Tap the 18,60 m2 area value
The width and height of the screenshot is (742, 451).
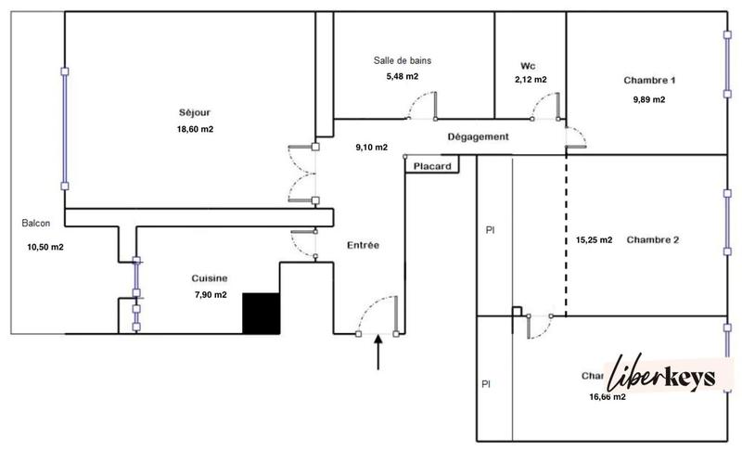(x=194, y=129)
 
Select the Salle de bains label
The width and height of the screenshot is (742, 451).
(x=402, y=60)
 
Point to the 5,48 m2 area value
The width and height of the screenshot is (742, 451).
(x=402, y=76)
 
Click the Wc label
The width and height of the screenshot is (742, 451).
(x=529, y=66)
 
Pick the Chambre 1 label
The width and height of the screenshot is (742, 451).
(x=649, y=81)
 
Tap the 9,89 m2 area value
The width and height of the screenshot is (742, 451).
(x=648, y=100)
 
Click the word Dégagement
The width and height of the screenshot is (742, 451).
(x=478, y=136)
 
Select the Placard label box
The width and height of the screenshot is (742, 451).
(x=433, y=167)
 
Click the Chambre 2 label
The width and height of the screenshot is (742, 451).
(x=653, y=239)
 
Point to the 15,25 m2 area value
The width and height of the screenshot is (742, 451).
(x=594, y=239)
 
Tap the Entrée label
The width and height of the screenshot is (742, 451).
(x=363, y=245)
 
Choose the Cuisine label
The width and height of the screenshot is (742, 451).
(x=210, y=278)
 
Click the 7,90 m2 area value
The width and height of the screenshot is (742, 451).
(x=210, y=295)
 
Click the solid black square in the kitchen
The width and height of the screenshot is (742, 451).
(x=261, y=313)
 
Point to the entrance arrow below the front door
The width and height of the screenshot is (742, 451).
(x=377, y=353)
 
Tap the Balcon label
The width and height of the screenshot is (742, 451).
(x=36, y=224)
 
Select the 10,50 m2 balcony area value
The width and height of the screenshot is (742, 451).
(x=45, y=247)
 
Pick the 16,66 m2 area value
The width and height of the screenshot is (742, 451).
(x=608, y=397)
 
